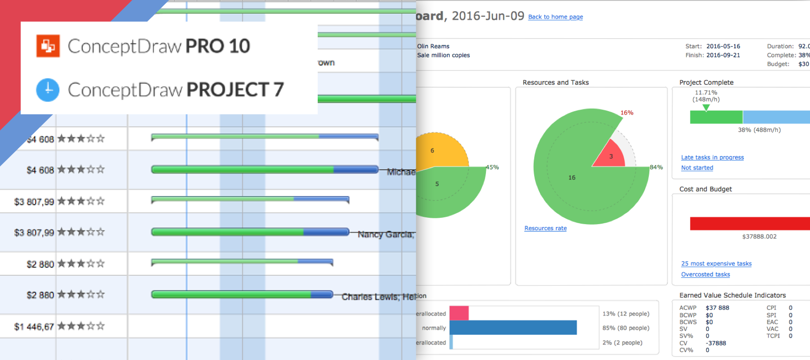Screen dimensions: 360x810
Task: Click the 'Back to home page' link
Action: click(555, 17)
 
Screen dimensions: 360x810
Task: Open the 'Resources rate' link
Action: click(545, 229)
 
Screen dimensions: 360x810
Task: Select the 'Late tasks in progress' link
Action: click(712, 157)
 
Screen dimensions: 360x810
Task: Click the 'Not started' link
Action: click(697, 168)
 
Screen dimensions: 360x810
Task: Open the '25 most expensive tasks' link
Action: click(716, 264)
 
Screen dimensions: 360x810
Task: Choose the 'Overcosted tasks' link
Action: click(706, 274)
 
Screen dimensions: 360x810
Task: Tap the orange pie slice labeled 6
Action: click(439, 151)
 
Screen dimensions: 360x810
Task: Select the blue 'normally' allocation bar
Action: click(513, 328)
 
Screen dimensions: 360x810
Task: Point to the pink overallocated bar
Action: click(459, 313)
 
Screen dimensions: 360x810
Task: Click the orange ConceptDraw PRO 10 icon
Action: click(48, 46)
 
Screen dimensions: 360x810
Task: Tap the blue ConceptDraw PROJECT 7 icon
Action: click(48, 90)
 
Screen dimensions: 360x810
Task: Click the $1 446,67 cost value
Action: click(34, 327)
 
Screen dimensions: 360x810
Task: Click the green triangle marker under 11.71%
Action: click(706, 108)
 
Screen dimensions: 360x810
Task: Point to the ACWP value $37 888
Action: click(717, 308)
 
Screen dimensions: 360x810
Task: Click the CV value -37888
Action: click(715, 343)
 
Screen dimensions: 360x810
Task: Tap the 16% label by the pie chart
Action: click(627, 113)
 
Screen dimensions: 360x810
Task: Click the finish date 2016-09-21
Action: click(723, 55)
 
